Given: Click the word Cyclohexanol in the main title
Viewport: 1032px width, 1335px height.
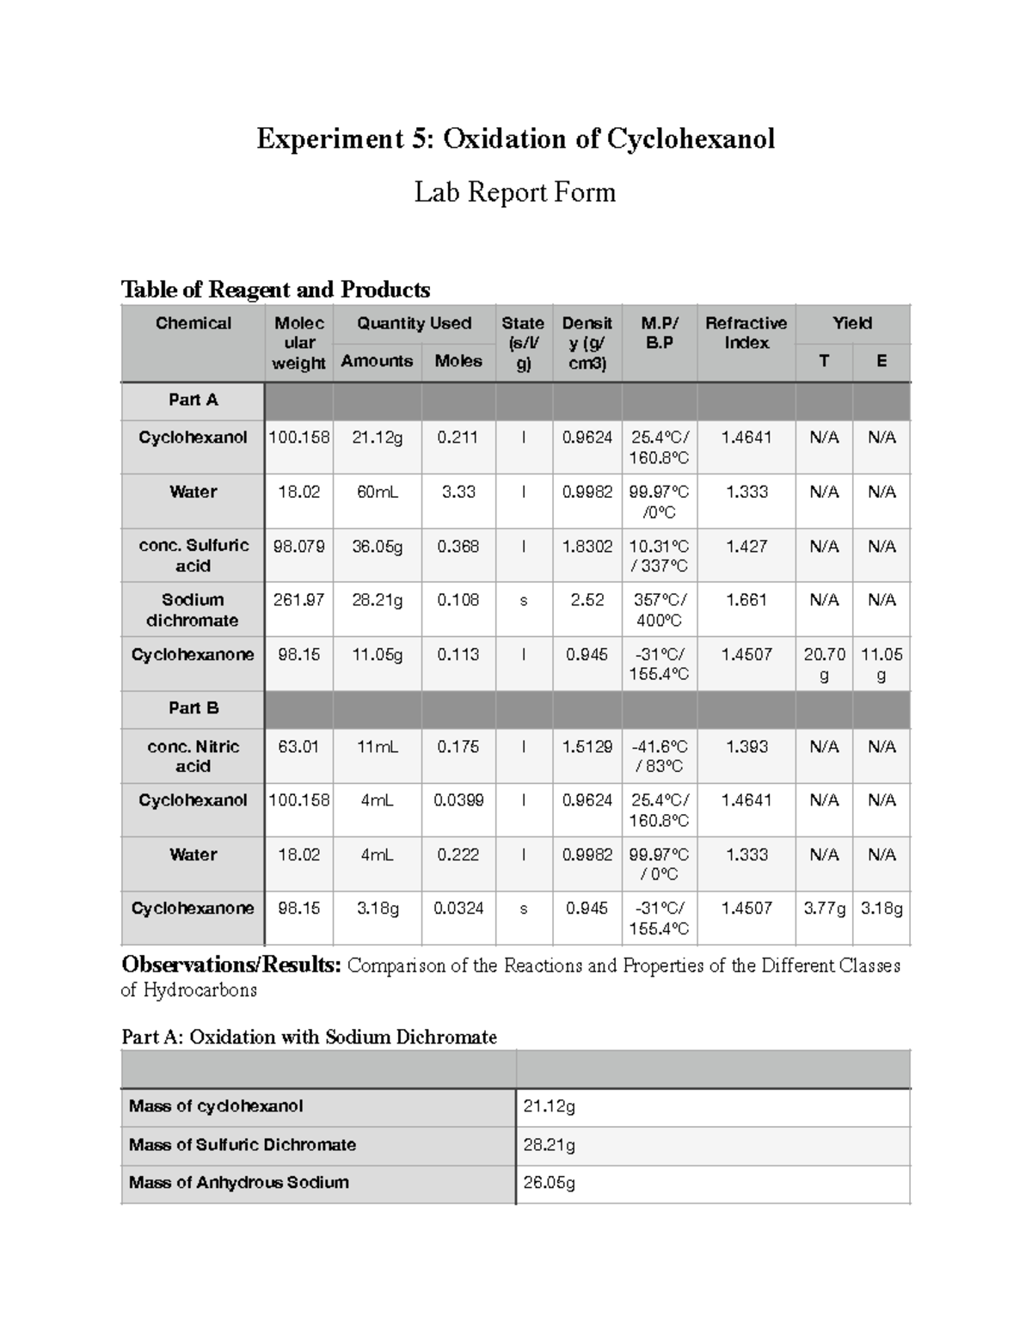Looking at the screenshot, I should (691, 139).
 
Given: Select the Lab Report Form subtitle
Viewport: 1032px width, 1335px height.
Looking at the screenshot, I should (514, 192).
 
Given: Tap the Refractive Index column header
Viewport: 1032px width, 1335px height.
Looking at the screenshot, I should (746, 333).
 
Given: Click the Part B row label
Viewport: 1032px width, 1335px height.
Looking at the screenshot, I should (193, 708).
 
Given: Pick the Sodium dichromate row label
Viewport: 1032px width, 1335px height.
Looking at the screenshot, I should (193, 609).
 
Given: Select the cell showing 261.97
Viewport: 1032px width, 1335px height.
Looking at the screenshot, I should (298, 600).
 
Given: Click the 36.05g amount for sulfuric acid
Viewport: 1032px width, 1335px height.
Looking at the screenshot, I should (377, 547).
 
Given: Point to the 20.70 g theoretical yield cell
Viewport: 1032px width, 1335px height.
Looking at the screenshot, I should (824, 664).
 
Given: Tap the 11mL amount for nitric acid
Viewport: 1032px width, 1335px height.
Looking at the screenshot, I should (377, 747).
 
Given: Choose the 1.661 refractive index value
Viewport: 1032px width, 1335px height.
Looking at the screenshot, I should (746, 600).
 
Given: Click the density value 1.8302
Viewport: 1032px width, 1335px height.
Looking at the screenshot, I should (587, 547).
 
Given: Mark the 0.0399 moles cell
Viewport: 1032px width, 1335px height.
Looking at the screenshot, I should (458, 800).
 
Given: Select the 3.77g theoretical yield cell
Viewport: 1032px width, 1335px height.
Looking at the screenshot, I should (824, 909).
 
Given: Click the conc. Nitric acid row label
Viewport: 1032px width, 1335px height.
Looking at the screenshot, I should (193, 756).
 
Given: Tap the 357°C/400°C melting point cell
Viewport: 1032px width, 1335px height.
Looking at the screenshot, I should (659, 609).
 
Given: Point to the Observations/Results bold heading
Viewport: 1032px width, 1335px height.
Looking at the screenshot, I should (231, 965).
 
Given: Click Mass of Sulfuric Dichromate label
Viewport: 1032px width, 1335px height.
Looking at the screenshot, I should (242, 1145).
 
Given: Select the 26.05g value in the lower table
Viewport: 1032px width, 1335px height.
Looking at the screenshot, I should (549, 1183).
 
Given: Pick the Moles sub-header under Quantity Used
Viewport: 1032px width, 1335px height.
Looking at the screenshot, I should (458, 361).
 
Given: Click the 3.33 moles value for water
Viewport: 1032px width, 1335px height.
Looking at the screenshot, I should (458, 493).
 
